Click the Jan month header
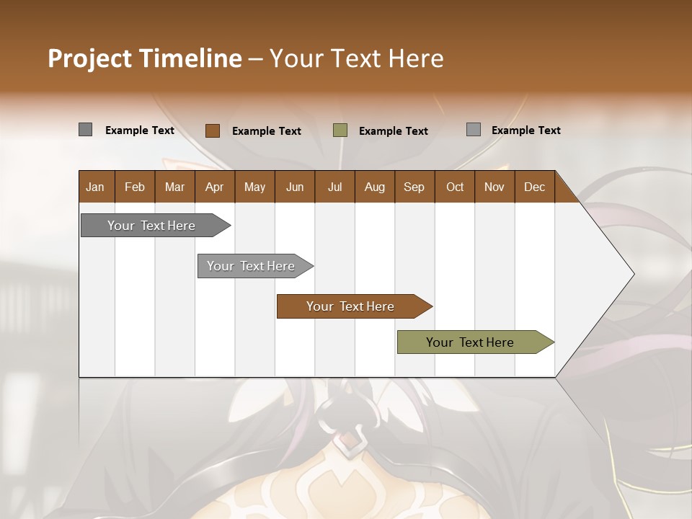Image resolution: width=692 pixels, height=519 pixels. click(95, 187)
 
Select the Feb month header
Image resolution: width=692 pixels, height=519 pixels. click(135, 187)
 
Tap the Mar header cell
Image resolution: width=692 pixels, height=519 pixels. click(174, 187)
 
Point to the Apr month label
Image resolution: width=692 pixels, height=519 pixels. click(214, 187)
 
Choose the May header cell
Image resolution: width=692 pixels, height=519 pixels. click(254, 187)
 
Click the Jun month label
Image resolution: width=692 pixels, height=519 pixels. click(295, 187)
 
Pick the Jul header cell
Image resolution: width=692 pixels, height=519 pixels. click(334, 187)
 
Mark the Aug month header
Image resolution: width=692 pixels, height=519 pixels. click(375, 187)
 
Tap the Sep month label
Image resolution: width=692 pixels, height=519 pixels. click(414, 187)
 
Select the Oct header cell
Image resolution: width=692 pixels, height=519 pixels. click(455, 187)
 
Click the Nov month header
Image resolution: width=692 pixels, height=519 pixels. click(494, 187)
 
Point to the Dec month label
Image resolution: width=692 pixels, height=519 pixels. click(534, 187)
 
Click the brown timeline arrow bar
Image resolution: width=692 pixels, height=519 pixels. click(350, 306)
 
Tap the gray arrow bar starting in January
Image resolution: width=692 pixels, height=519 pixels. click(151, 226)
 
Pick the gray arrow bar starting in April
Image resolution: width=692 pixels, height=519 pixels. click(251, 266)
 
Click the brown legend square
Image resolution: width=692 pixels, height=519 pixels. click(212, 130)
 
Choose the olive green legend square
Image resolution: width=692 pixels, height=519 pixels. click(340, 130)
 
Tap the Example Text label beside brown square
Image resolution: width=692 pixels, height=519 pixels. click(266, 131)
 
